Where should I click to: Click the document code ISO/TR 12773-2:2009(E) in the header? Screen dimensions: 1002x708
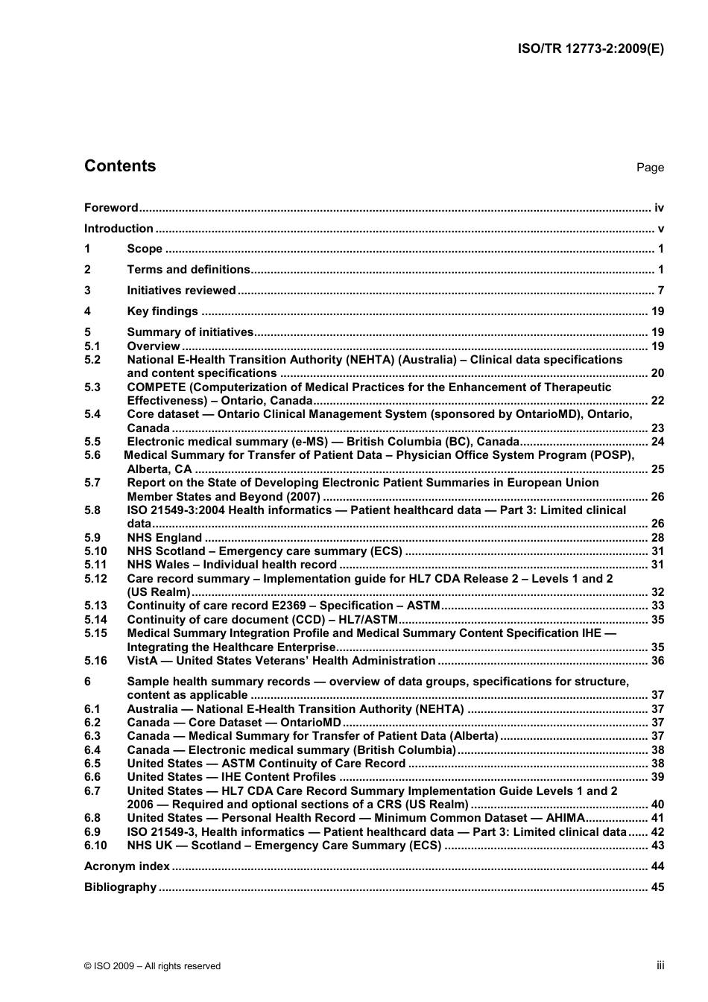(590, 48)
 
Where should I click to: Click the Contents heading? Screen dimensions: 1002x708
(120, 166)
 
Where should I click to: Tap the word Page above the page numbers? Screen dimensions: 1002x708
(650, 168)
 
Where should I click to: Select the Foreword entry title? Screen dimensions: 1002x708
(111, 208)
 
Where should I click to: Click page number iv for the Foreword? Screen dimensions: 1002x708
(659, 208)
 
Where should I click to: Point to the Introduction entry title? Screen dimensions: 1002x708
(118, 229)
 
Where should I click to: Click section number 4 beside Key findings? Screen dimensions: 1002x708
(87, 311)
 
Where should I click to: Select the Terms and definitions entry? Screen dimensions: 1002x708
(189, 270)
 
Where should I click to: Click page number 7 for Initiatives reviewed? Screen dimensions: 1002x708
(660, 291)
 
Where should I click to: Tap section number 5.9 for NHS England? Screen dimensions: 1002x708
(92, 538)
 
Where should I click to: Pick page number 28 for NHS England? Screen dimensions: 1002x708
(657, 538)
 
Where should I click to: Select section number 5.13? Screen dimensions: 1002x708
(95, 606)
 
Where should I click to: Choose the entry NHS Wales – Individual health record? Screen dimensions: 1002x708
(232, 565)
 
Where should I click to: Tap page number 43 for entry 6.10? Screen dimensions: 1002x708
(657, 846)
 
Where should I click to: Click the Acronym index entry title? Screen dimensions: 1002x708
(127, 866)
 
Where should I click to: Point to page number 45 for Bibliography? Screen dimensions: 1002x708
(657, 887)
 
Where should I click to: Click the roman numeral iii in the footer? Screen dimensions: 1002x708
(660, 965)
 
